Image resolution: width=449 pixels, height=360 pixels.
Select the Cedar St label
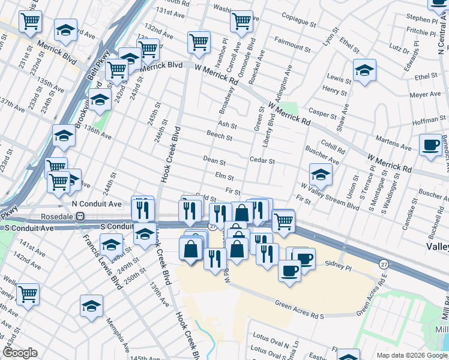(262, 161)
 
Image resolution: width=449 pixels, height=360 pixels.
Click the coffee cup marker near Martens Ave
(430, 146)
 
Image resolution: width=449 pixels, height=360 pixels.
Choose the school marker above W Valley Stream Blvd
(321, 175)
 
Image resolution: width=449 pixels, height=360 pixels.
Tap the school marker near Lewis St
(364, 70)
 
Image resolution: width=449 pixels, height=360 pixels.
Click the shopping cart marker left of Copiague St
(241, 21)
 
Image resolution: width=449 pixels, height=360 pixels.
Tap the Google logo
(20, 353)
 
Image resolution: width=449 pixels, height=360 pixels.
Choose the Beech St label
(220, 137)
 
